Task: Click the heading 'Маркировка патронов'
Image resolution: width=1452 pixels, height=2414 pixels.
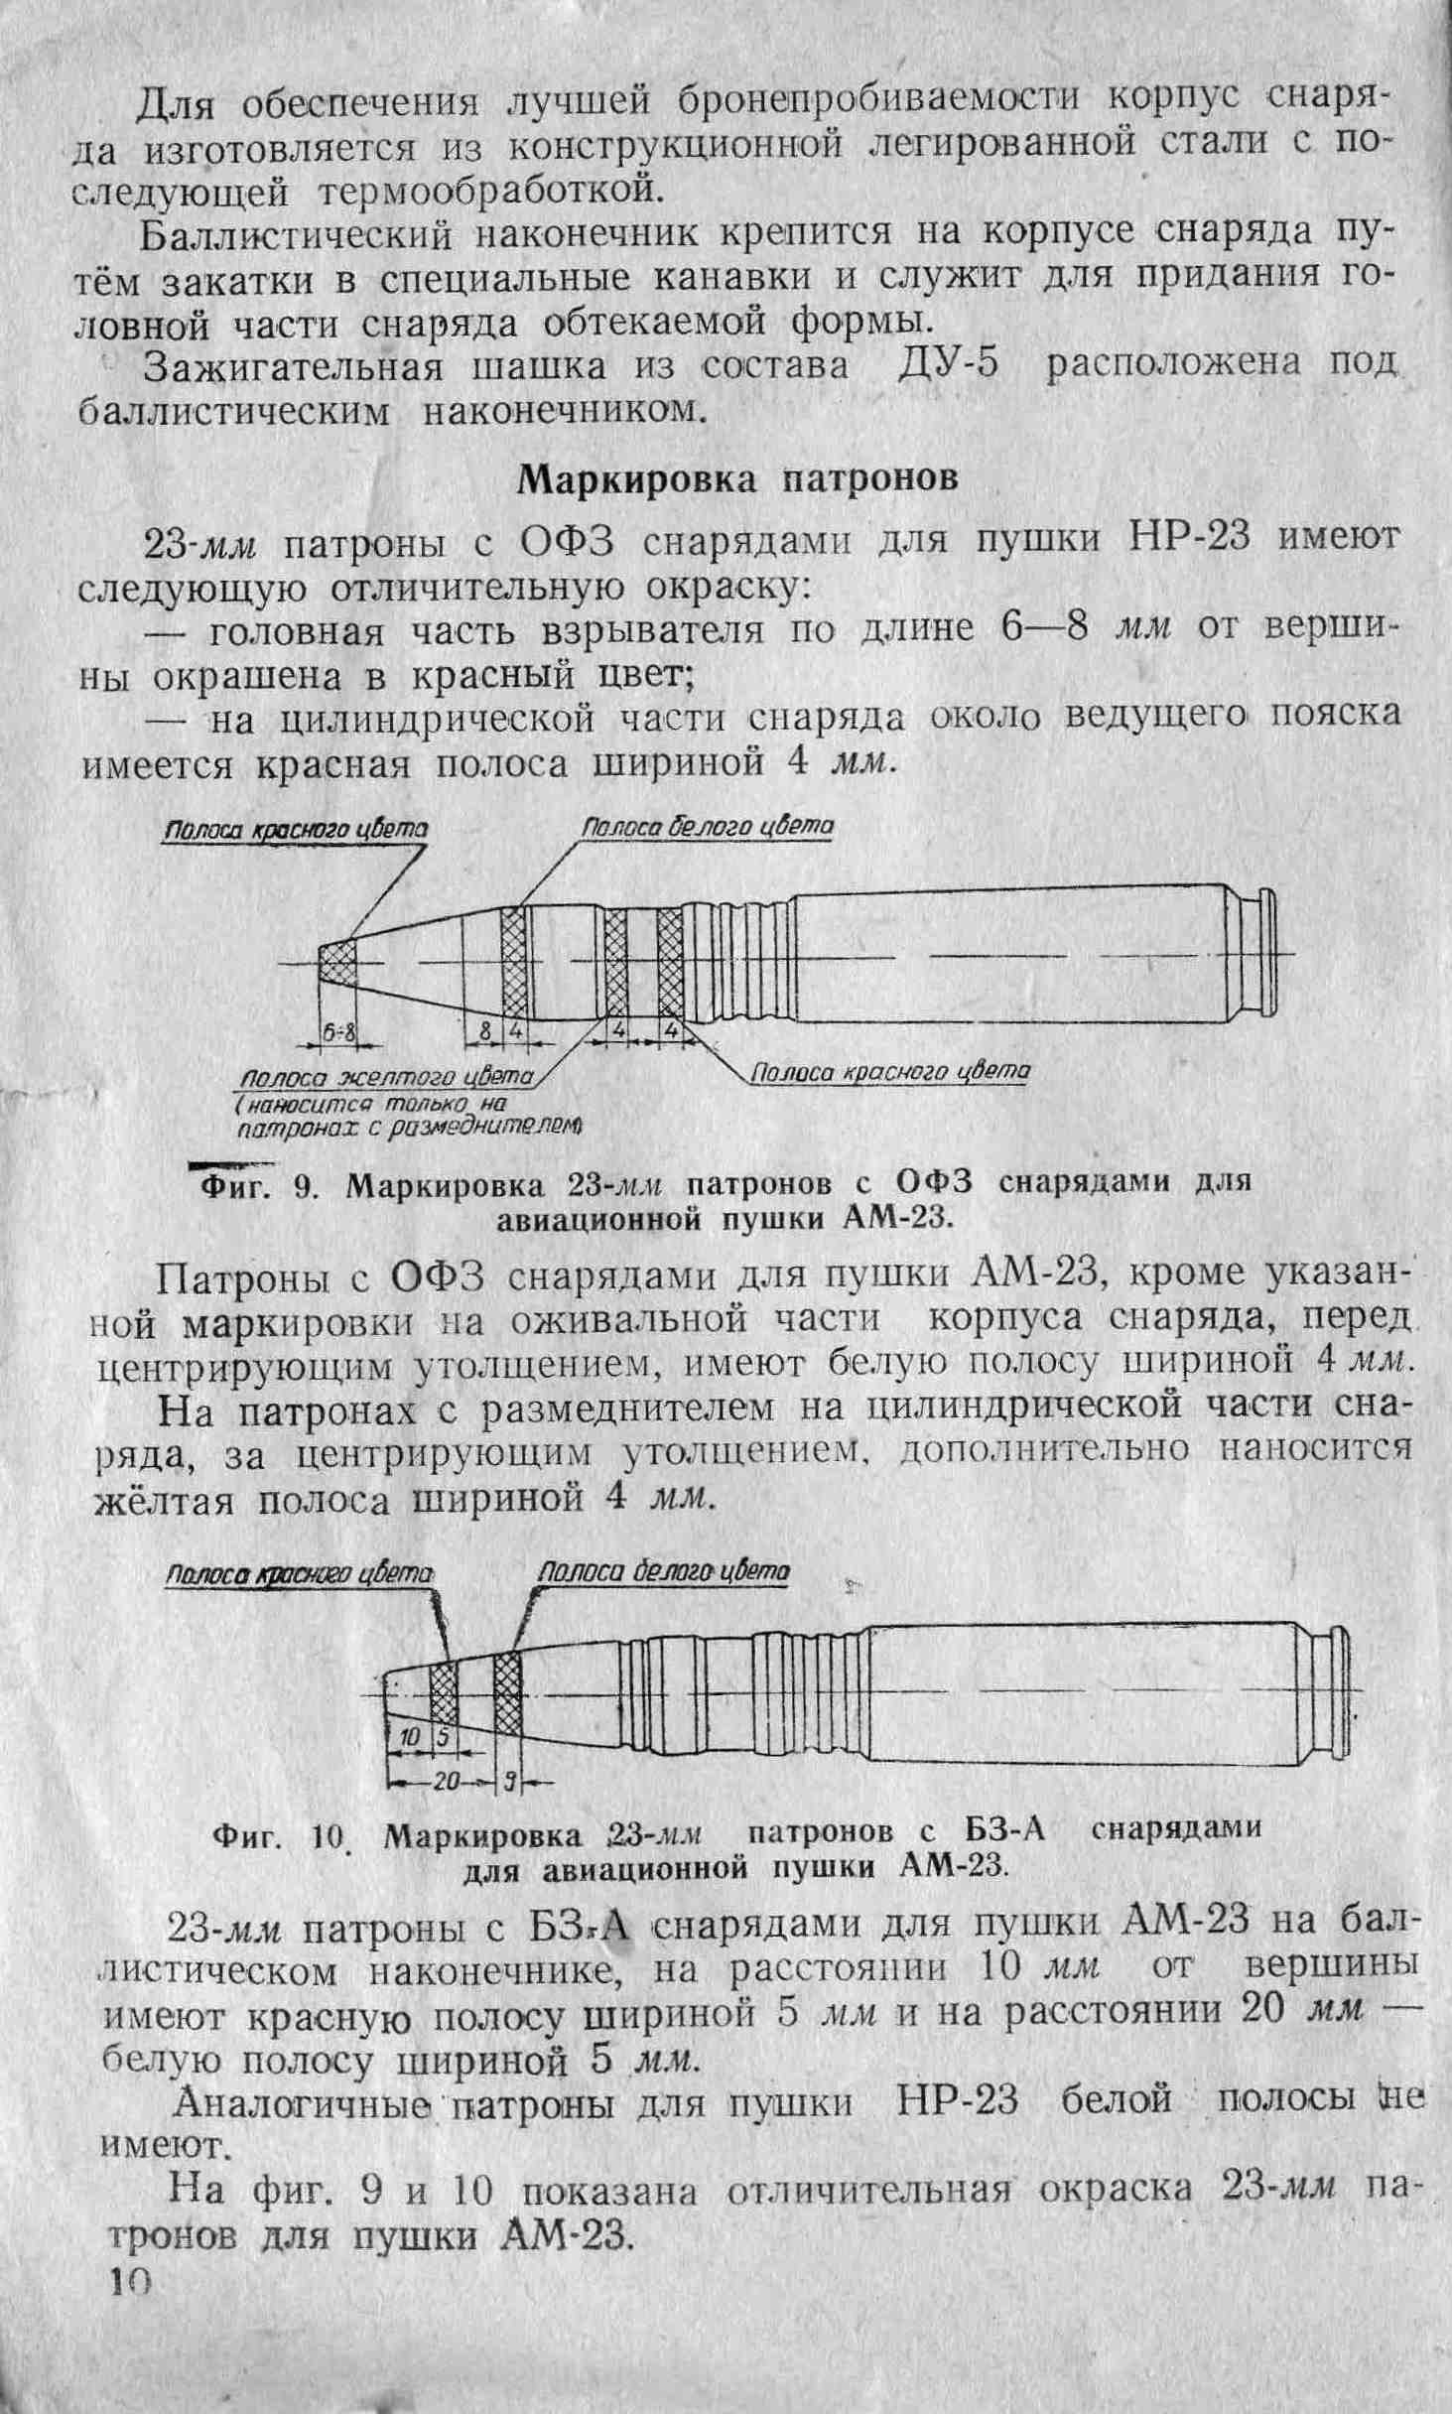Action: point(739,479)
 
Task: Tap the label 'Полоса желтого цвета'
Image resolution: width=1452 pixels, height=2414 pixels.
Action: point(389,1076)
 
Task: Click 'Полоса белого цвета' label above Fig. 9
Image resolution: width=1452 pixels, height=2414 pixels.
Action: point(708,826)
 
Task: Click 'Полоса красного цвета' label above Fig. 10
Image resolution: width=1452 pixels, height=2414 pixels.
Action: point(301,1575)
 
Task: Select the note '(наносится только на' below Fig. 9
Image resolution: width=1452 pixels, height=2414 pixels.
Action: point(371,1103)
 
